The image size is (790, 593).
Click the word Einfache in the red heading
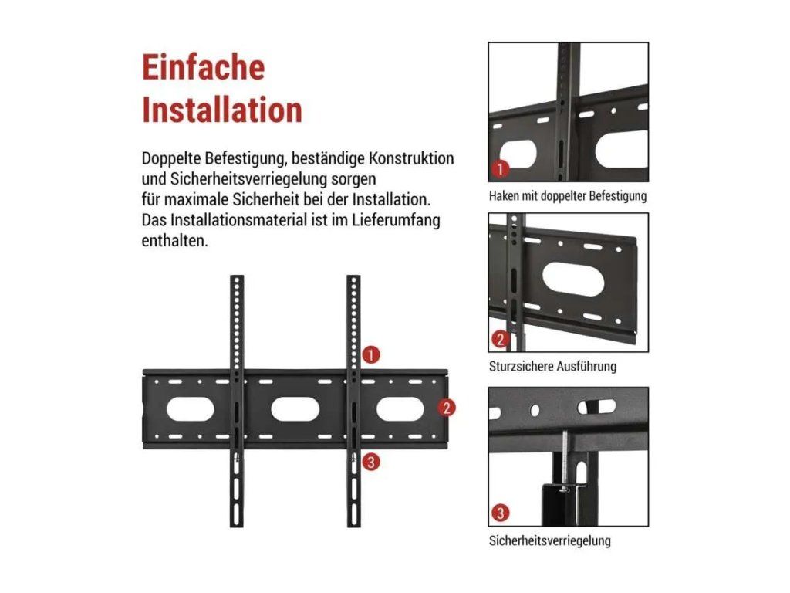coord(203,67)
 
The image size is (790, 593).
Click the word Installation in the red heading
coord(222,110)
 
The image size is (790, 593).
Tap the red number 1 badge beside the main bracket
coord(371,355)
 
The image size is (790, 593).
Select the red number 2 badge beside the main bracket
coord(447,408)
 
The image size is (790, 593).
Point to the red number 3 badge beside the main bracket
coord(371,462)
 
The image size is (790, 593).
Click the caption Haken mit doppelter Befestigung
coord(568,195)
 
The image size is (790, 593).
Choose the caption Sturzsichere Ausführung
coord(552,366)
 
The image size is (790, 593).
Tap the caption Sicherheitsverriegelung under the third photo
coord(549,540)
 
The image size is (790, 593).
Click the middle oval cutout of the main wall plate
coord(295,409)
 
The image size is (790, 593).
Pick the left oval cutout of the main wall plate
coord(191,409)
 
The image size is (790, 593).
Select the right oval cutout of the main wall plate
coord(400,409)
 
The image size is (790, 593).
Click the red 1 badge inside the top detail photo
coord(500,168)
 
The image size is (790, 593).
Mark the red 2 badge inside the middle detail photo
coord(500,339)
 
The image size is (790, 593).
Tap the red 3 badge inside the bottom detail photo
coord(500,513)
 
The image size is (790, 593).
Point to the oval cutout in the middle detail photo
coord(573,279)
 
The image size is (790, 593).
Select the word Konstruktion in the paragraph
coord(412,158)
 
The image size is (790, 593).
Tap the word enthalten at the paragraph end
coord(174,241)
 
